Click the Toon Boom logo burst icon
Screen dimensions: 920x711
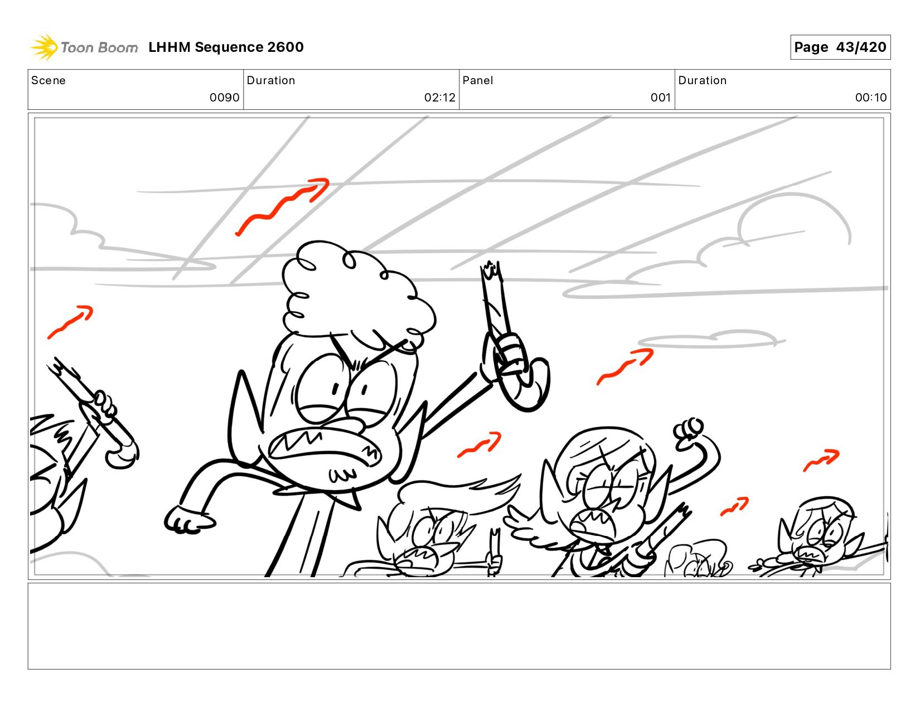[x=44, y=47]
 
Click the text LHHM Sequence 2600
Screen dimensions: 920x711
[x=226, y=47]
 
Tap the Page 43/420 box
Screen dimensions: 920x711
[x=840, y=47]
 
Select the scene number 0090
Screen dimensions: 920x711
[x=224, y=98]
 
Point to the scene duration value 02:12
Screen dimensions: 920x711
[x=440, y=98]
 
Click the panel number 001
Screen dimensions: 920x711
[x=661, y=98]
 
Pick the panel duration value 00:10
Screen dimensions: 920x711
[x=871, y=98]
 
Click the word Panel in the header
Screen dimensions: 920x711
[x=478, y=80]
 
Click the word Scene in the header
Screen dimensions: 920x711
[x=49, y=80]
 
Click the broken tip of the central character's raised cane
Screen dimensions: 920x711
[x=491, y=268]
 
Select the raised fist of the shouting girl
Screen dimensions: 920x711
[x=689, y=433]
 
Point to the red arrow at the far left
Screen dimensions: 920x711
[x=70, y=322]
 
